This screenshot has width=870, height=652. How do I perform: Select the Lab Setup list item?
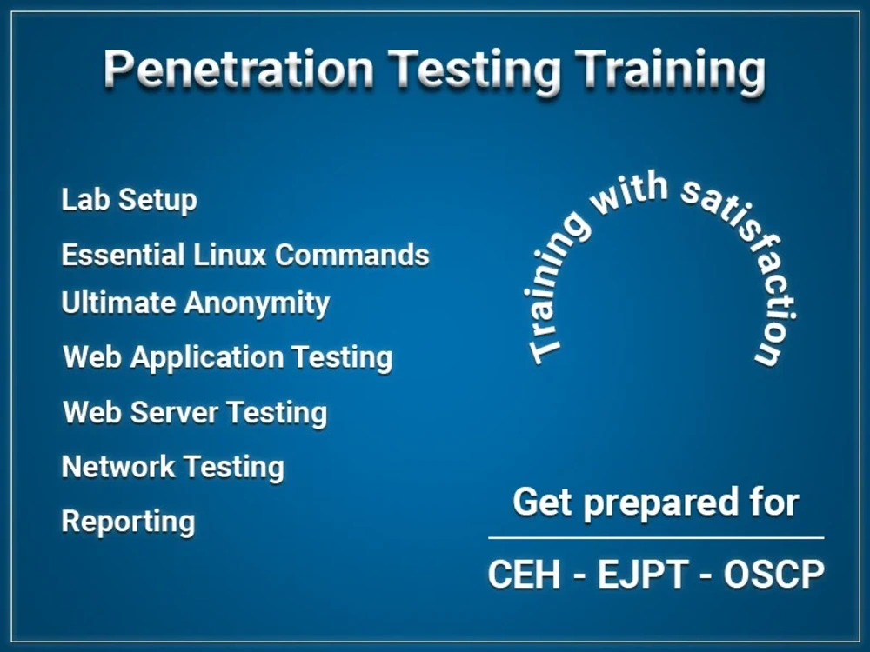tap(129, 199)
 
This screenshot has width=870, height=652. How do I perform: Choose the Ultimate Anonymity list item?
tap(195, 303)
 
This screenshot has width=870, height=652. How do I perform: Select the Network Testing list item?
tap(172, 467)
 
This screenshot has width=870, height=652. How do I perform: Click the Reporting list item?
tap(128, 522)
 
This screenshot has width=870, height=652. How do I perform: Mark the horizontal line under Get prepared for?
tap(656, 538)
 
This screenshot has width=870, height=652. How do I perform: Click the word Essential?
tap(123, 255)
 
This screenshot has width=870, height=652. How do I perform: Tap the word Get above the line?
tap(542, 502)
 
